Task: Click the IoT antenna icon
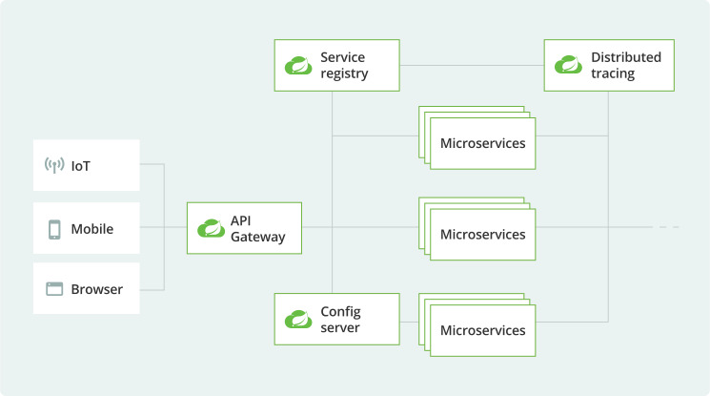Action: (54, 166)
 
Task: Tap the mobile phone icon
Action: (54, 229)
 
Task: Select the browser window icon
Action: (54, 289)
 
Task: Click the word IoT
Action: (81, 167)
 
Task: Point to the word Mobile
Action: (92, 229)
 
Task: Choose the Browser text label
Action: (96, 289)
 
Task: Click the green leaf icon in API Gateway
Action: (210, 228)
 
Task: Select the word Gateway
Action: (257, 237)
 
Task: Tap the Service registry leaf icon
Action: (298, 66)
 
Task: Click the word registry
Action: (344, 73)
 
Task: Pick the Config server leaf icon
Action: (298, 319)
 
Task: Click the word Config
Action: (340, 311)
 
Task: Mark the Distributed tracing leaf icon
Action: (568, 66)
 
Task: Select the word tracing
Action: (612, 73)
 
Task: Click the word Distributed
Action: (625, 57)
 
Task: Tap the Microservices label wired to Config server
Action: (482, 330)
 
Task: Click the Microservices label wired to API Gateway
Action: (482, 234)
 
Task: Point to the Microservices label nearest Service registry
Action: (482, 143)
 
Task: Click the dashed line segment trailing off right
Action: (667, 227)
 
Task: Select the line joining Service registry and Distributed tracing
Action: (471, 65)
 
